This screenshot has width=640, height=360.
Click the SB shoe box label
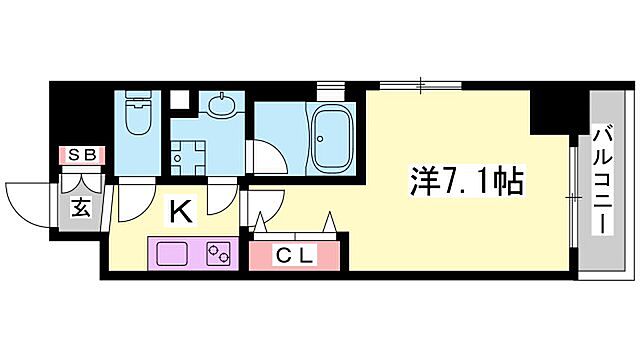79,155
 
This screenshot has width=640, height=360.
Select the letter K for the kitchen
180,211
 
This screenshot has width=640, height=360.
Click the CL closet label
296,255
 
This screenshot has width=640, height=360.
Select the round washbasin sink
220,104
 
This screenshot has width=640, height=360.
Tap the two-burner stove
218,252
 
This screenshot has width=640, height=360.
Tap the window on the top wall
421,85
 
